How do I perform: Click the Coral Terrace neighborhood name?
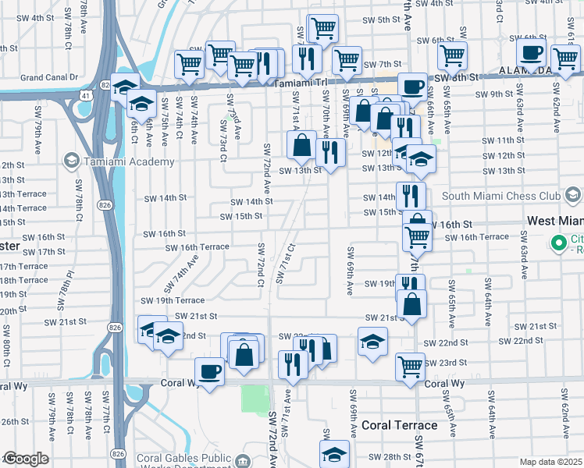pos(399,425)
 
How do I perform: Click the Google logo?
pos(26,459)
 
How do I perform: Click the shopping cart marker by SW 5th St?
pos(322,29)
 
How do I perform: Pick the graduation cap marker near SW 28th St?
pos(334,454)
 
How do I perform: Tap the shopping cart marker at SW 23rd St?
pos(411,366)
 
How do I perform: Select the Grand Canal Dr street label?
pos(51,78)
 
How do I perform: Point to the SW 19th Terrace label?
pos(173,300)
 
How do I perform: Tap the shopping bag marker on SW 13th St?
pos(301,145)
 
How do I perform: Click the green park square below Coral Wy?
pos(254,399)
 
